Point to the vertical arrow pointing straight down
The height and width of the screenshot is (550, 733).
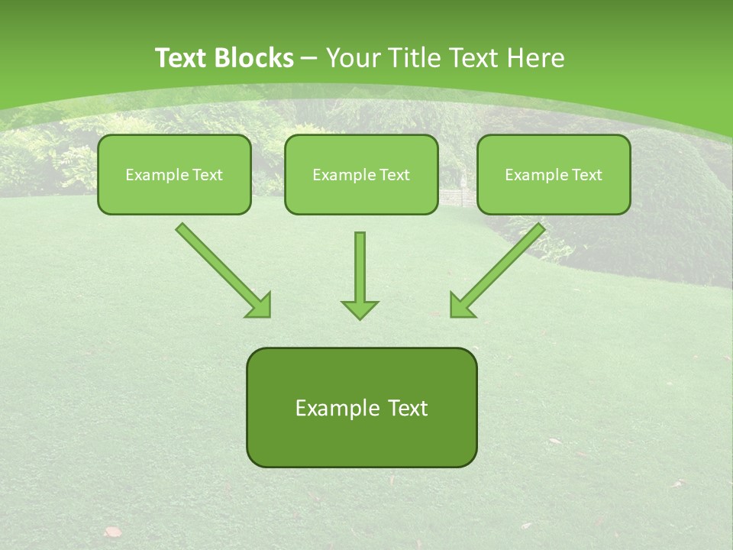pyautogui.click(x=360, y=267)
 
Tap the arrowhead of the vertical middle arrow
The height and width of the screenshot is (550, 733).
pyautogui.click(x=360, y=309)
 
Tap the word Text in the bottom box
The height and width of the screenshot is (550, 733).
pyautogui.click(x=407, y=408)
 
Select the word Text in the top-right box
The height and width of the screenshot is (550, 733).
pyautogui.click(x=586, y=175)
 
